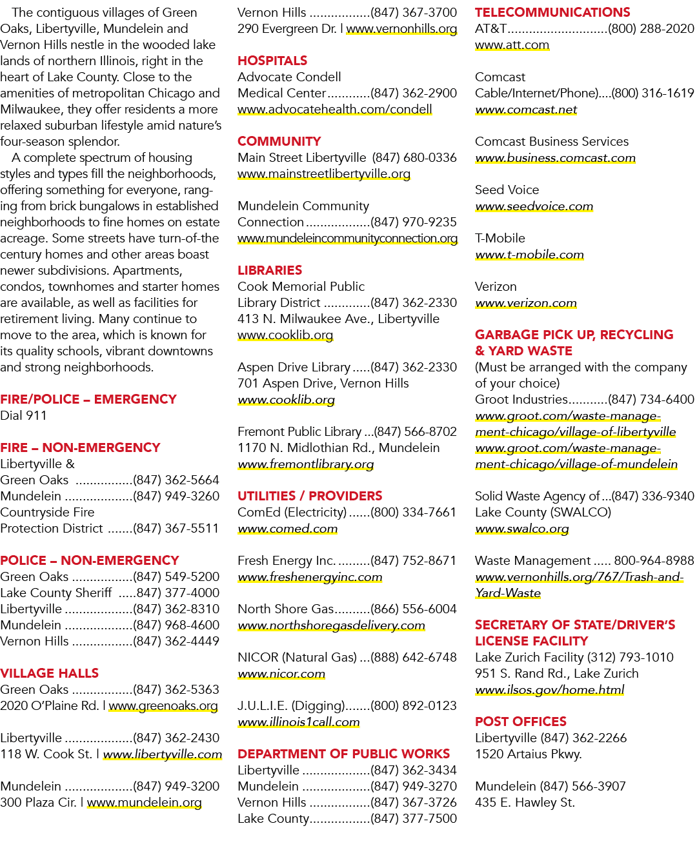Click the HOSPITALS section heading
[x=272, y=61]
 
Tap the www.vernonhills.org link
[x=401, y=29]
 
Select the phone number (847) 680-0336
[x=414, y=157]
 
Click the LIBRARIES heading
[x=270, y=270]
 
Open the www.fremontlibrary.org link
[x=305, y=464]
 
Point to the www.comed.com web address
[x=287, y=529]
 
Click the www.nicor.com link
[x=281, y=673]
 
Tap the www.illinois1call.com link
[x=299, y=722]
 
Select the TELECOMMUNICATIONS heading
[x=552, y=12]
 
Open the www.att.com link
[x=512, y=45]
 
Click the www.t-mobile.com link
[x=529, y=255]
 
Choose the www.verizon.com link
[x=526, y=303]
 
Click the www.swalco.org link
[x=522, y=529]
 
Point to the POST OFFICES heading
[x=521, y=722]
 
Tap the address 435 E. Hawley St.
[x=525, y=802]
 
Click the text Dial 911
[x=23, y=415]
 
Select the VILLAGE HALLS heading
[x=50, y=673]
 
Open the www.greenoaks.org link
[x=163, y=705]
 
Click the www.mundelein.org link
[x=144, y=802]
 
